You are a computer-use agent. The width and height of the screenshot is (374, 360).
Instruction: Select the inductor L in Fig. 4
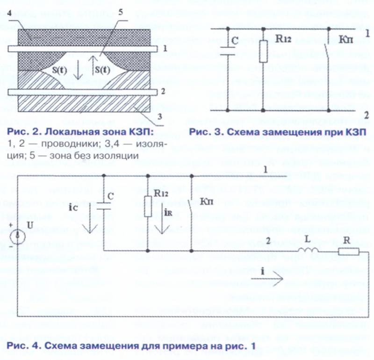pos(310,252)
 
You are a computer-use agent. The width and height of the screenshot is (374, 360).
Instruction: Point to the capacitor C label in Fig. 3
pos(235,41)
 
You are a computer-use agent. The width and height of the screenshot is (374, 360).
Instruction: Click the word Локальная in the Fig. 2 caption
pos(58,133)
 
